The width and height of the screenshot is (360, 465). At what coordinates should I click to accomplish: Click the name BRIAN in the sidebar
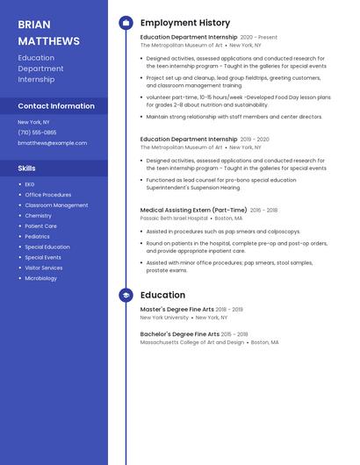[34, 25]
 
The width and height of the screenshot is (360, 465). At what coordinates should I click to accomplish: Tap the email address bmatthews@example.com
[53, 143]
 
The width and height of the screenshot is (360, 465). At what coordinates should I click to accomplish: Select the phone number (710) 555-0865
[37, 132]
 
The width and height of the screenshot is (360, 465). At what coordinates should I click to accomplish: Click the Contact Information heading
[56, 106]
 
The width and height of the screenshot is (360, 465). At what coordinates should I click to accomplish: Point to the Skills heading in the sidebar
[27, 168]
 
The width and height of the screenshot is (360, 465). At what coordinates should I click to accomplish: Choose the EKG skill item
[30, 184]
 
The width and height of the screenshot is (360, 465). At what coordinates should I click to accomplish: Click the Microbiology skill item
[40, 278]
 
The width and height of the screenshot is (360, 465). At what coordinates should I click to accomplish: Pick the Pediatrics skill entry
[37, 236]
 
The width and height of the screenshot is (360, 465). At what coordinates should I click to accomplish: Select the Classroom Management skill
[56, 205]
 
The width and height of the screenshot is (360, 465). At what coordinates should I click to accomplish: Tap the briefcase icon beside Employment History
[126, 23]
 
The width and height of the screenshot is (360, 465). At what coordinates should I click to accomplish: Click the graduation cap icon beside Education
[126, 295]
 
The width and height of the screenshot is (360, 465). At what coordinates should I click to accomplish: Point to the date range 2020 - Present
[259, 38]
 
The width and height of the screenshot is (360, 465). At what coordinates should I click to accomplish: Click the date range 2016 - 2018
[263, 211]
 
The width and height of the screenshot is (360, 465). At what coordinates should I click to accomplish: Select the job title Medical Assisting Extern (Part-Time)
[193, 211]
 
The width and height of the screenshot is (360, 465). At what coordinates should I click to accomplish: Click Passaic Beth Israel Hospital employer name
[174, 218]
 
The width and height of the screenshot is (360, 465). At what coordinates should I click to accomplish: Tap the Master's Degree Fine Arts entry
[176, 310]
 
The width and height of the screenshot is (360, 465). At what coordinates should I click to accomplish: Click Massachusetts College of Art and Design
[192, 342]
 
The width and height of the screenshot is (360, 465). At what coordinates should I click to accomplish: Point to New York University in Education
[164, 318]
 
